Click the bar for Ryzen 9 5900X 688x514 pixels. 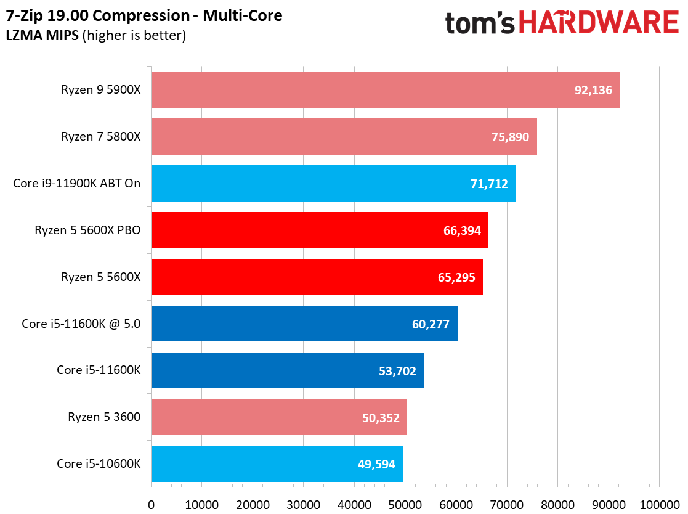385,90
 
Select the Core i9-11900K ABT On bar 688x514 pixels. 333,183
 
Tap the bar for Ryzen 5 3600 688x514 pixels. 278,417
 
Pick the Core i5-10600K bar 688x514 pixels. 277,464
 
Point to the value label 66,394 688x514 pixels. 459,230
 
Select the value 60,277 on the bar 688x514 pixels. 429,324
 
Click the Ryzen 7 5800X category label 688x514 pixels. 101,137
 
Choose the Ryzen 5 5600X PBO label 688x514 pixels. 88,230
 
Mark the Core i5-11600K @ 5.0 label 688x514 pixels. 81,324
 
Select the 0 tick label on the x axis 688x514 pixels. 151,504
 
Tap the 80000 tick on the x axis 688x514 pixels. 557,504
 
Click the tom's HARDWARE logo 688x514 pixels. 562,23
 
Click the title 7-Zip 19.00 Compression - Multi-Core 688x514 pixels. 145,15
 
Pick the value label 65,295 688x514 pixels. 455,277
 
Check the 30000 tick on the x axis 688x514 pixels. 304,504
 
